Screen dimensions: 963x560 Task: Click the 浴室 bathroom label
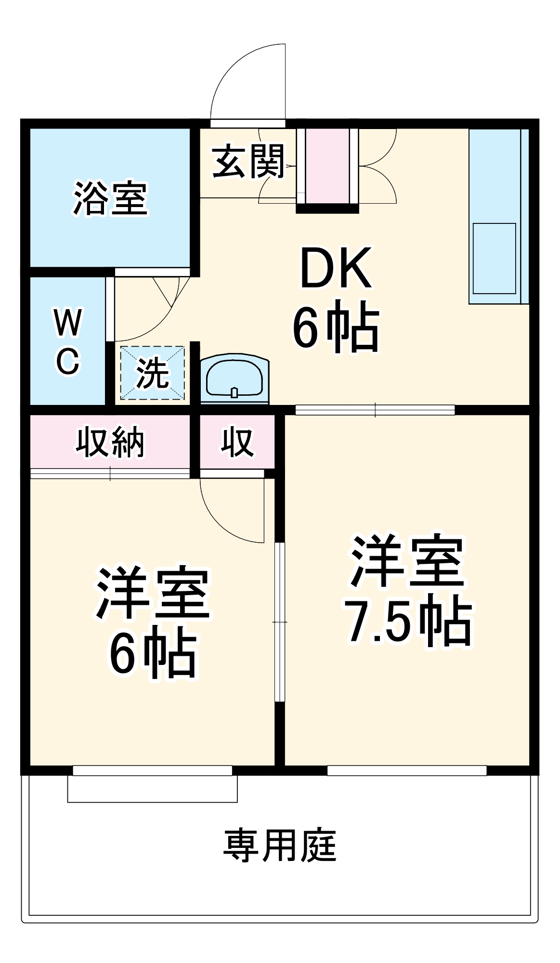click(110, 198)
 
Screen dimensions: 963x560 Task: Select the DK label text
click(336, 268)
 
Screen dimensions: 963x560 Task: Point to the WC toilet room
click(67, 341)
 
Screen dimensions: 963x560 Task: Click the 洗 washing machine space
click(152, 373)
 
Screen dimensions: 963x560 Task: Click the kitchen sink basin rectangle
click(494, 258)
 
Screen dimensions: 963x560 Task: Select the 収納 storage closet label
click(110, 442)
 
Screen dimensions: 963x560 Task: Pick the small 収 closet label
click(237, 442)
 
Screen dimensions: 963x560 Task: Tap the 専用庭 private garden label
click(280, 846)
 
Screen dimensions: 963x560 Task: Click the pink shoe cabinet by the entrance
click(328, 166)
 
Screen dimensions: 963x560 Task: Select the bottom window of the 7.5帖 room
click(407, 770)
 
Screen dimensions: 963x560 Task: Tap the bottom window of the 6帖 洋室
click(152, 770)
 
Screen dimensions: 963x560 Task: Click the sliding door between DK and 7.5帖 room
click(375, 410)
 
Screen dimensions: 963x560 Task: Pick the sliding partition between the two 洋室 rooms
click(280, 622)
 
